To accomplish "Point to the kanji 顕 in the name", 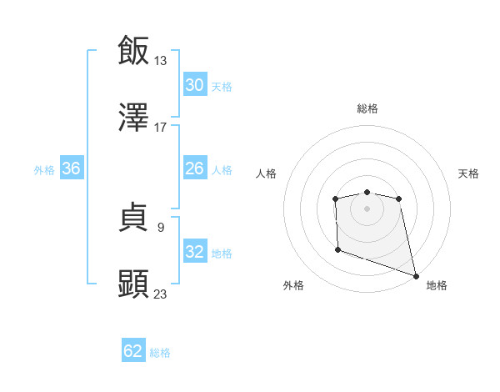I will pos(133,284).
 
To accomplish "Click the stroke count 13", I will pos(161,60).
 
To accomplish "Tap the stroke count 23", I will pos(161,294).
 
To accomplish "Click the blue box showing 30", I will pos(194,85).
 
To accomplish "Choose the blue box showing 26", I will pos(194,168).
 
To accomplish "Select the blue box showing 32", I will pos(194,252).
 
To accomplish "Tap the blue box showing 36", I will pos(71,168).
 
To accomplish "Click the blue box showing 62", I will pos(133,351).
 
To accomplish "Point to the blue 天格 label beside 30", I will pos(222,86).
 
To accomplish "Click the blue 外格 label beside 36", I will pos(44,169).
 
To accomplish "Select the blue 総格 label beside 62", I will pos(160,352).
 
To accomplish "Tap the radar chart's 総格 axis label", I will pos(367,108).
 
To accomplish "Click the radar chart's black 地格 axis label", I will pos(437,285).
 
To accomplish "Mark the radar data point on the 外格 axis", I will pos(337,249).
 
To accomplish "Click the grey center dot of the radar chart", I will pos(367,209).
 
